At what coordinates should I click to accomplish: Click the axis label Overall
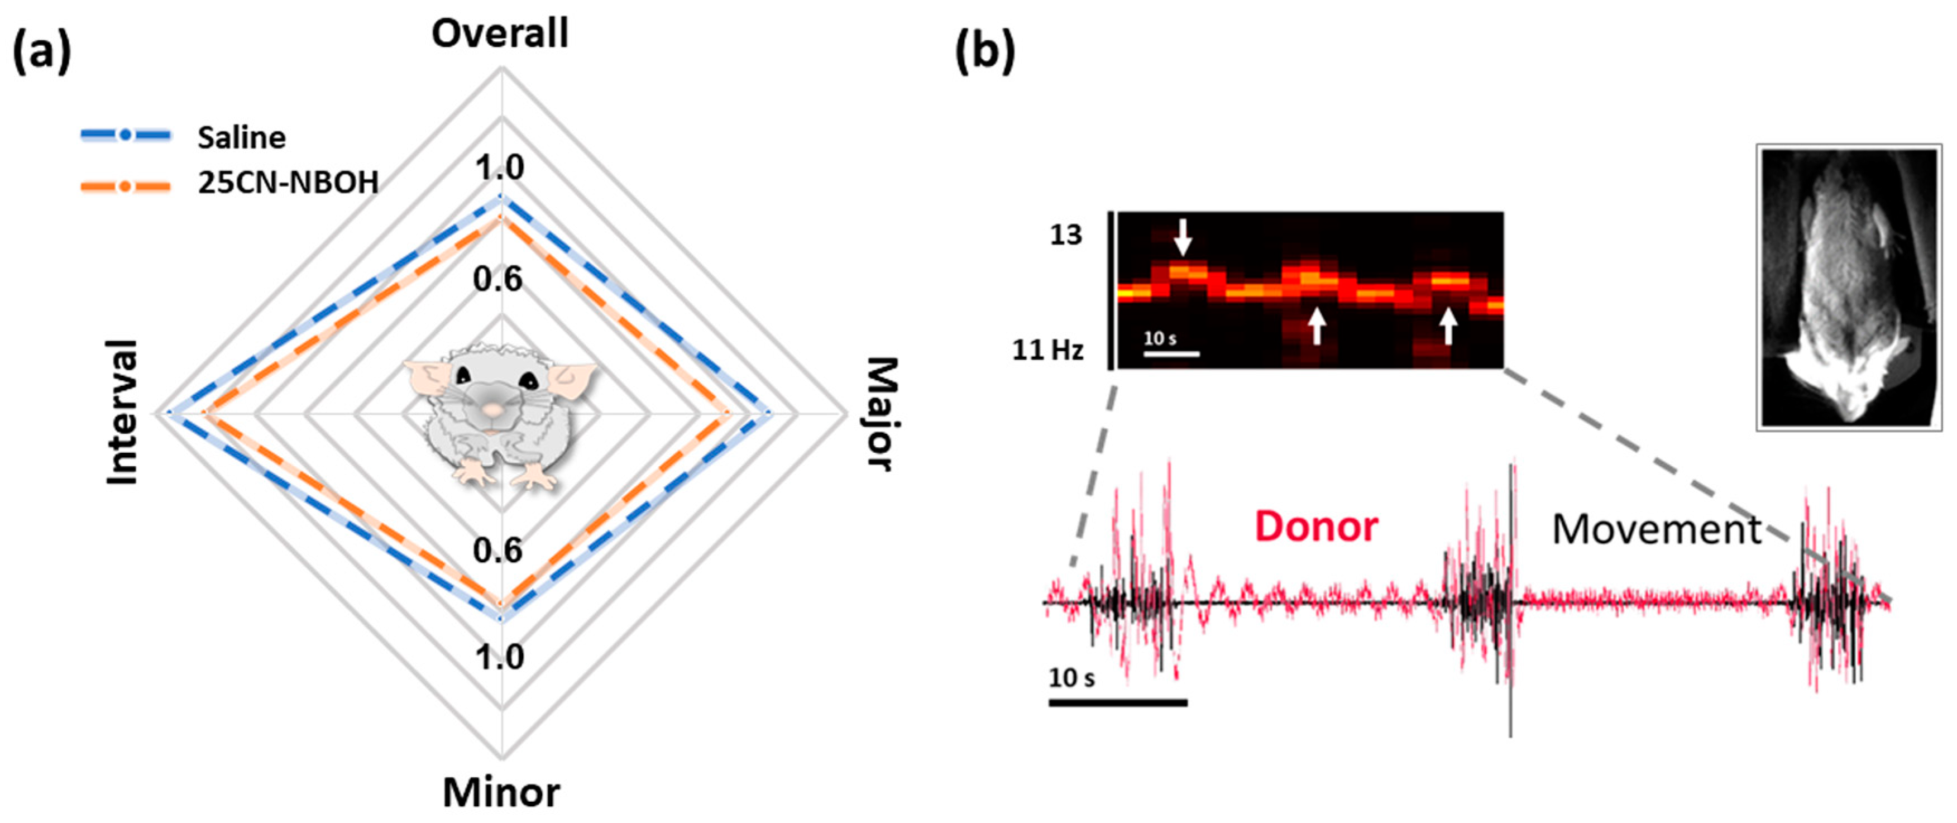pyautogui.click(x=500, y=34)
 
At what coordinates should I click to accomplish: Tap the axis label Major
pyautogui.click(x=882, y=414)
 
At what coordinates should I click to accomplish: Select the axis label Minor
pyautogui.click(x=501, y=793)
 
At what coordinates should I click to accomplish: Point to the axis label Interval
pyautogui.click(x=122, y=413)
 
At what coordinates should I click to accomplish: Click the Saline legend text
pyautogui.click(x=242, y=137)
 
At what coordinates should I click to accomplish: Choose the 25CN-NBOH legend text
pyautogui.click(x=288, y=183)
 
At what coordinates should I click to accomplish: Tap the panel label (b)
pyautogui.click(x=984, y=52)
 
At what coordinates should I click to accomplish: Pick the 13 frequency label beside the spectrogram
pyautogui.click(x=1065, y=236)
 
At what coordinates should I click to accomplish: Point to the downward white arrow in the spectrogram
pyautogui.click(x=1182, y=237)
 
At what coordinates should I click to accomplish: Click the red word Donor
pyautogui.click(x=1316, y=527)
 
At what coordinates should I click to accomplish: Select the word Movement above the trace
pyautogui.click(x=1656, y=530)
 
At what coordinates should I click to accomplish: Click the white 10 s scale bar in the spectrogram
pyautogui.click(x=1171, y=353)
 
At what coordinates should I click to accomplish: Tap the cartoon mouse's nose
pyautogui.click(x=493, y=410)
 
